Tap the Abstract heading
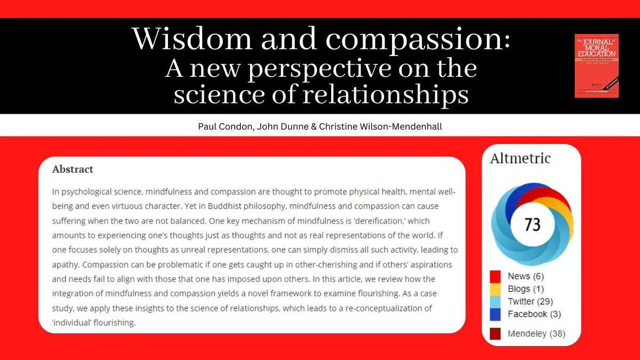pyautogui.click(x=73, y=170)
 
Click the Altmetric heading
pyautogui.click(x=520, y=158)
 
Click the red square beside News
pyautogui.click(x=495, y=276)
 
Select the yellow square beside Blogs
pyautogui.click(x=495, y=289)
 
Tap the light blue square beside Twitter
pyautogui.click(x=495, y=302)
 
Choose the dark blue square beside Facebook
pyautogui.click(x=495, y=314)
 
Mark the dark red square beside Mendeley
pyautogui.click(x=495, y=334)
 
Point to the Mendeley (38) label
pyautogui.click(x=537, y=334)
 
